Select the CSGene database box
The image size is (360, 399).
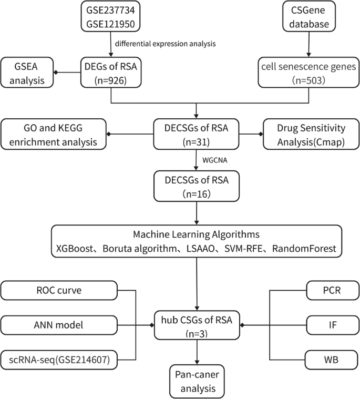coord(309,17)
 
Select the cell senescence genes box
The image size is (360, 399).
coord(308,72)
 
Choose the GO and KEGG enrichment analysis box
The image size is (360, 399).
coord(54,135)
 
